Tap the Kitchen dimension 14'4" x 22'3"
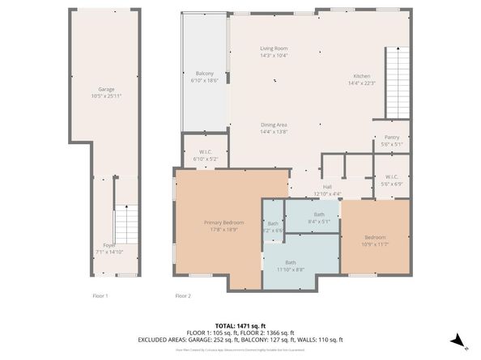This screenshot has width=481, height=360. pyautogui.click(x=362, y=83)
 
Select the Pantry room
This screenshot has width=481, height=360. pyautogui.click(x=391, y=141)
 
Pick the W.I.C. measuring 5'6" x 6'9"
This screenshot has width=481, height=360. pyautogui.click(x=391, y=180)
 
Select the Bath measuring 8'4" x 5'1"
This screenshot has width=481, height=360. pyautogui.click(x=319, y=218)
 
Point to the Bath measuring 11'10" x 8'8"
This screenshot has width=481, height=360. pyautogui.click(x=290, y=265)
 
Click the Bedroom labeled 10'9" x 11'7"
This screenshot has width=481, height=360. pyautogui.click(x=374, y=240)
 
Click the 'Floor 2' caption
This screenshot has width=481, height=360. pyautogui.click(x=183, y=296)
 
